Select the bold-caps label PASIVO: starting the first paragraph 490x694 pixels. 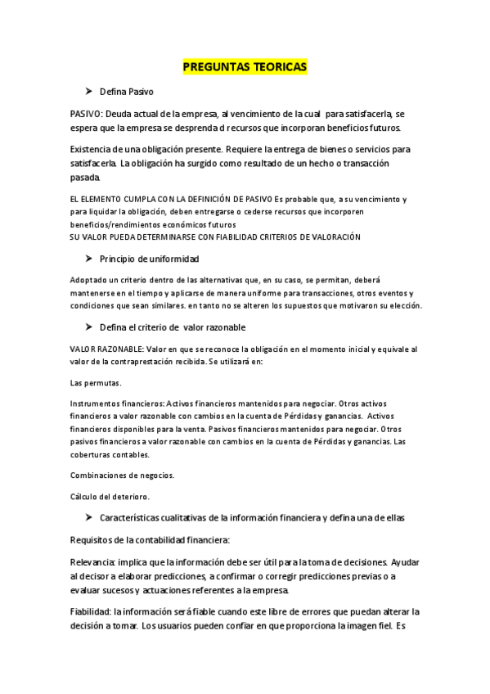tap(87, 114)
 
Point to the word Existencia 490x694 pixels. tap(93, 149)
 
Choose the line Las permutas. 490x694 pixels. tap(95, 382)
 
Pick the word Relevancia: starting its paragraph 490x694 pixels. tap(92, 562)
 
